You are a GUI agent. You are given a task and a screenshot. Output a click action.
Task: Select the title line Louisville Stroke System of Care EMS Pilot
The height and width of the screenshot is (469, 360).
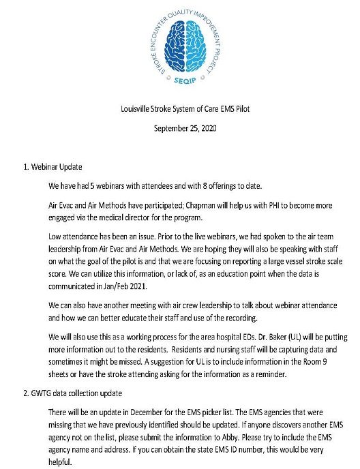179,111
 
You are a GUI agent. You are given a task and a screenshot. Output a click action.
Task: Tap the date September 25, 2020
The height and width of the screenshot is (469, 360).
179,128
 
